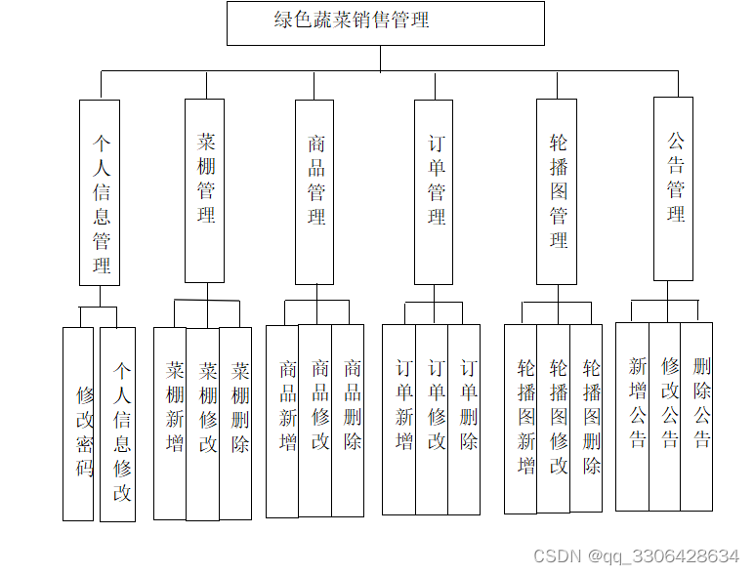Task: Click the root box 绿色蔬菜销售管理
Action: (385, 22)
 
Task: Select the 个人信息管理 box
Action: (100, 192)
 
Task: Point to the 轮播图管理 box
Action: (557, 191)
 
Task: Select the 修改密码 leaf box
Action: (78, 424)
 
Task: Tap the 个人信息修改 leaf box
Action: (118, 424)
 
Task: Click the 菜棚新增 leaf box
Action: (170, 423)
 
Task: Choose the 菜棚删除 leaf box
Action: (236, 423)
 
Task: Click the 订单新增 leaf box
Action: (399, 419)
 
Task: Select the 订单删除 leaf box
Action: (465, 419)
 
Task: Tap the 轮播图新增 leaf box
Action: (521, 419)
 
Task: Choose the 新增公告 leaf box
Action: (633, 416)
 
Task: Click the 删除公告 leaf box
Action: (697, 416)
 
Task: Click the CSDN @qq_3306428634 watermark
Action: (636, 555)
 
